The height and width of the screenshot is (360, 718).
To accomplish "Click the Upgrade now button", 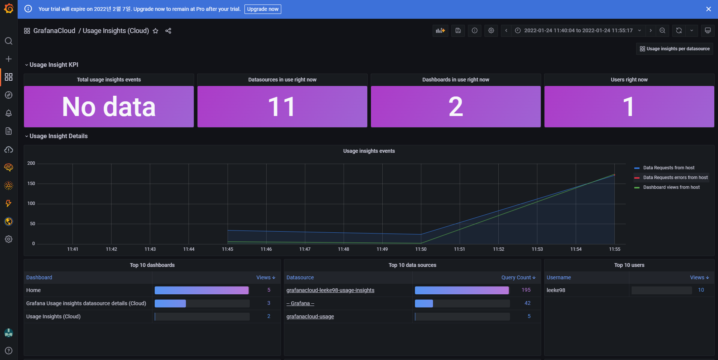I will [x=262, y=9].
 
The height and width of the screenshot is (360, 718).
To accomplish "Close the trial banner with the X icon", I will [x=708, y=9].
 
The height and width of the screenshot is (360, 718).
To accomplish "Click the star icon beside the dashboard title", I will [x=155, y=31].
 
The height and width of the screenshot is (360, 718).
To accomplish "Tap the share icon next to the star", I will [x=168, y=31].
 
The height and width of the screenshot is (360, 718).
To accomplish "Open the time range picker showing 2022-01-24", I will [x=578, y=30].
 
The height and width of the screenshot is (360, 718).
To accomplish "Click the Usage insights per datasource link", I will [x=674, y=49].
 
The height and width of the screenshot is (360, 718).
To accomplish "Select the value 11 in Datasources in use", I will [x=282, y=107].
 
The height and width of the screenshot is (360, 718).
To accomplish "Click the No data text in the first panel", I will [x=109, y=107].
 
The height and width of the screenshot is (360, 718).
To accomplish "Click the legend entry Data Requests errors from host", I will [x=675, y=178].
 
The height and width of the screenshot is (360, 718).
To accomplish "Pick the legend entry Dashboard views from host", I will [x=671, y=187].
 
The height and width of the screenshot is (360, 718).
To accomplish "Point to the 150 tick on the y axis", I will [x=31, y=184].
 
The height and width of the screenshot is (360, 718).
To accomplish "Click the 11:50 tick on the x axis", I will [x=421, y=249].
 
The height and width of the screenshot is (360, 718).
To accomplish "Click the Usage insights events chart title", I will [x=369, y=151].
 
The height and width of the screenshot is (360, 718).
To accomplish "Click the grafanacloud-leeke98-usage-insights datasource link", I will [x=330, y=290].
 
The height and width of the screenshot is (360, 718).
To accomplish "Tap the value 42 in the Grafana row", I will [x=527, y=303].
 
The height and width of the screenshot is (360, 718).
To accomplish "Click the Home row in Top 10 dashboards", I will [x=33, y=290].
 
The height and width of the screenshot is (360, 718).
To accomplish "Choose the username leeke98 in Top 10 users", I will [x=556, y=290].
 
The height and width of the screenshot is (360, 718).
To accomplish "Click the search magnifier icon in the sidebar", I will [x=9, y=41].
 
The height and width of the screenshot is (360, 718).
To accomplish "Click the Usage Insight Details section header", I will [x=58, y=136].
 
